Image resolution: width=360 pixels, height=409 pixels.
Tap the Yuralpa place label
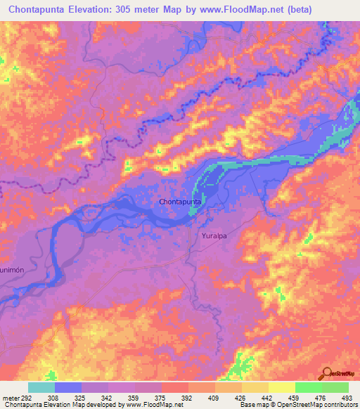tap(216, 237)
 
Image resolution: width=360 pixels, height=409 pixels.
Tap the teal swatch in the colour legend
tap(41, 387)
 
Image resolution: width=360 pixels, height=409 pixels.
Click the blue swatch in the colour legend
tap(68, 387)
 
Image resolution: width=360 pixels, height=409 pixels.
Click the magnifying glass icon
tap(328, 373)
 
